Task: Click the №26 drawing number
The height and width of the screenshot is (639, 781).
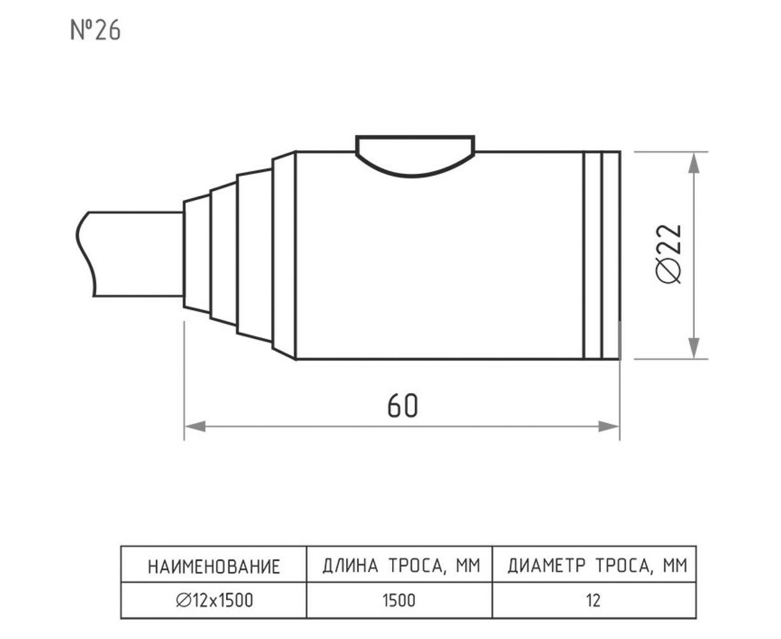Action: coord(95,31)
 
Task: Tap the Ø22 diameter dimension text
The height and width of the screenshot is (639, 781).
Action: coord(669,254)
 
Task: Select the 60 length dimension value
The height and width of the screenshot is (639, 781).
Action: coord(402,406)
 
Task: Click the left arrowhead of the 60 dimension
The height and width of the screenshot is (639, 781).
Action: coord(195,427)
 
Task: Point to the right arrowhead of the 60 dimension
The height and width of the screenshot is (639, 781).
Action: coord(609,427)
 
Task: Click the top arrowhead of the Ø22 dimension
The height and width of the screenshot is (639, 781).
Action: coord(694,163)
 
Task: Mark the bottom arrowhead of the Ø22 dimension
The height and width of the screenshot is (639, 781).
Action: coord(694,348)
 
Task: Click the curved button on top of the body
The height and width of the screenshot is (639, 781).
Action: coord(415,156)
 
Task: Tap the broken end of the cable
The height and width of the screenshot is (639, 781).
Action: coord(85,254)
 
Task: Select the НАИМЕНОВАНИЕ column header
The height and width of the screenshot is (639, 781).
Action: coord(214,567)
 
